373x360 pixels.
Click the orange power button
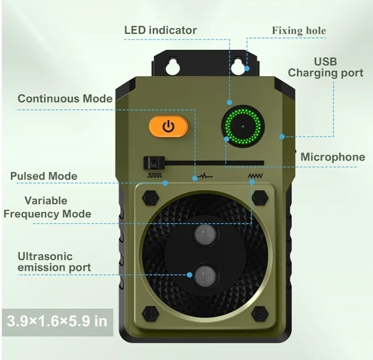pyautogui.click(x=168, y=126)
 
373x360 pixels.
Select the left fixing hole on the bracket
pyautogui.click(x=172, y=65)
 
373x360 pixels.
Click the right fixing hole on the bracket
pyautogui.click(x=238, y=65)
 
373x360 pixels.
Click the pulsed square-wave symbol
pyautogui.click(x=155, y=176)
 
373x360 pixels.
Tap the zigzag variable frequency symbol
pyautogui.click(x=255, y=176)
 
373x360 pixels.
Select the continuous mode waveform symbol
pyautogui.click(x=206, y=176)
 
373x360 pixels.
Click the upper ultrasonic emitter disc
pyautogui.click(x=206, y=234)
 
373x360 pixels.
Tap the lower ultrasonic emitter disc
pyautogui.click(x=206, y=276)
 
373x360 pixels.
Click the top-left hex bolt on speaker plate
pyautogui.click(x=150, y=197)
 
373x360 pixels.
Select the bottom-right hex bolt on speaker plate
pyautogui.click(x=260, y=314)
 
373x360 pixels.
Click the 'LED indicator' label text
pyautogui.click(x=161, y=30)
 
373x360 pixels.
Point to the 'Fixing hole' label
pyautogui.click(x=299, y=31)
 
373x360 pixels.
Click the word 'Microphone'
pyautogui.click(x=333, y=157)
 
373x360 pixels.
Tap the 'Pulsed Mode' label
pyautogui.click(x=44, y=176)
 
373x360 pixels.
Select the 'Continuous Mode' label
pyautogui.click(x=65, y=99)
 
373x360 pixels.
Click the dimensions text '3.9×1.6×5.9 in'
pyautogui.click(x=57, y=321)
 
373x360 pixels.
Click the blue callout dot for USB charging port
pyautogui.click(x=282, y=137)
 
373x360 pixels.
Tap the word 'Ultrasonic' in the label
pyautogui.click(x=45, y=257)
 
